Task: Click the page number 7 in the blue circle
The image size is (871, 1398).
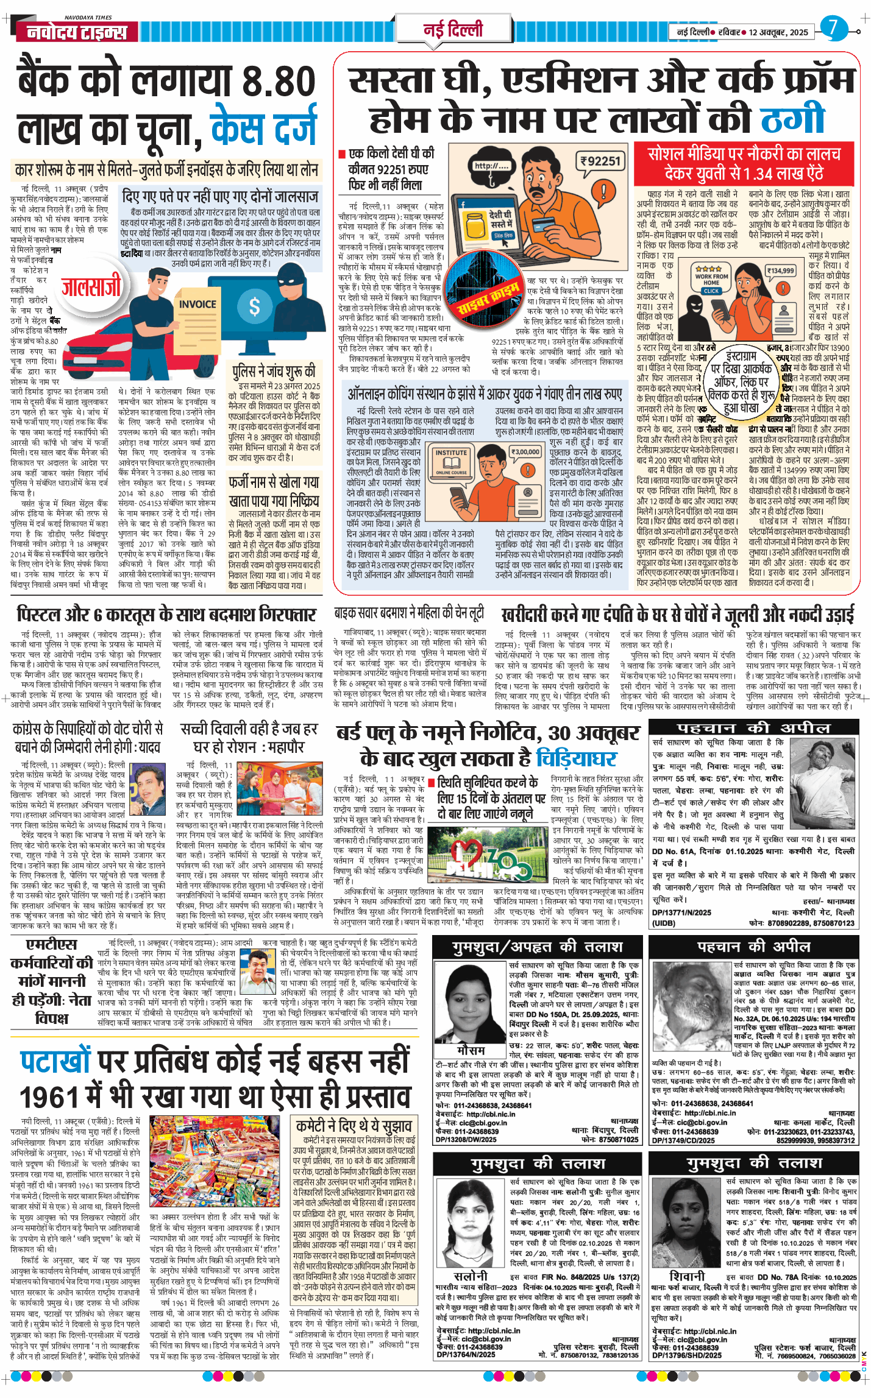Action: [x=833, y=28]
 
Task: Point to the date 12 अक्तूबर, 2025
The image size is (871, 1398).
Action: [x=778, y=32]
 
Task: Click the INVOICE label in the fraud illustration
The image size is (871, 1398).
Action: [x=197, y=304]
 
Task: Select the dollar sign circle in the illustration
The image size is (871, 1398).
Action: [x=254, y=306]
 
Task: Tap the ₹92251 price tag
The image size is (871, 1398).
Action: [x=600, y=161]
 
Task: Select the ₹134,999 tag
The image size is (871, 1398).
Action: [x=780, y=270]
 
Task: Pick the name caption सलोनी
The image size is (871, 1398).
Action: [x=471, y=1276]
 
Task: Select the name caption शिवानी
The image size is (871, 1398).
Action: [x=687, y=1276]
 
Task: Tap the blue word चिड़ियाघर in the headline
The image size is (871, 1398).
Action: [x=576, y=758]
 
